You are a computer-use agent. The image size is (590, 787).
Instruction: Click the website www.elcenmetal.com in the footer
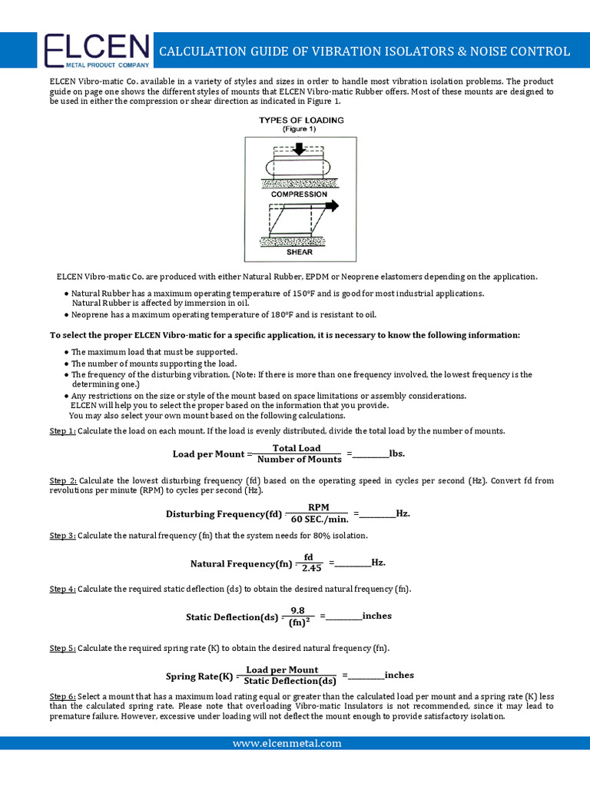pos(287,743)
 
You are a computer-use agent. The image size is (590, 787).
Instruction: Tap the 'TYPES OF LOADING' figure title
pos(301,121)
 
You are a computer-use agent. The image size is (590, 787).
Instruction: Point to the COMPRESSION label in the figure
pos(299,194)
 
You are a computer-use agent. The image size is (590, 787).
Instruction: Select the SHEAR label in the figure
pos(299,251)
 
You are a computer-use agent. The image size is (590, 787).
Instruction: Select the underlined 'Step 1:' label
pos(63,431)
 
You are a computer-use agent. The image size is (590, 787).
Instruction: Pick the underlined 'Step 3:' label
pos(63,535)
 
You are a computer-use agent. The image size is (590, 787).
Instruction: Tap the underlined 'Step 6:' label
pos(63,695)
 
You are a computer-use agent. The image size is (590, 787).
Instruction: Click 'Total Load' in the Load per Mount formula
pos(297,448)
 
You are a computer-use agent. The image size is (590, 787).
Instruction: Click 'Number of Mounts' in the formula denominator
pos(299,460)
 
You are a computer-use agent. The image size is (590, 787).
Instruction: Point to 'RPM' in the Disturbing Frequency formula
pos(318,507)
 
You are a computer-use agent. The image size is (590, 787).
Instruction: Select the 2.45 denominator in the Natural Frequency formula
pos(311,568)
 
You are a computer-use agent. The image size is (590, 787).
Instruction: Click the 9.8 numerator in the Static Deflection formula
pos(298,609)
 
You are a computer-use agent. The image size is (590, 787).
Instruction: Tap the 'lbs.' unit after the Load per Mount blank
pos(397,453)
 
